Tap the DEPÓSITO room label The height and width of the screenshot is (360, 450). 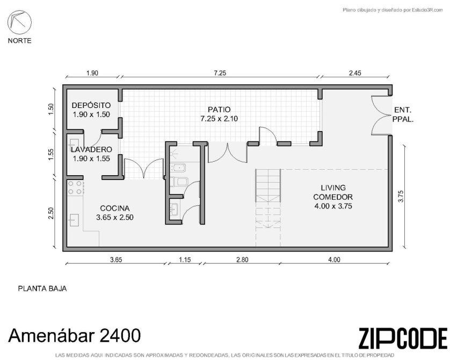click(91, 105)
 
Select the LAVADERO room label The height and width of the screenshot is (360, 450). click(91, 149)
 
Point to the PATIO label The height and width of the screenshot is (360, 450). click(219, 110)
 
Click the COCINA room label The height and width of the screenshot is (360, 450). click(115, 208)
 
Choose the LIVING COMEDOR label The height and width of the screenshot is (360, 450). click(333, 192)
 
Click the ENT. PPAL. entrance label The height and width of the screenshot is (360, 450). click(403, 114)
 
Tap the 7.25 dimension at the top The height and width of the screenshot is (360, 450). click(220, 73)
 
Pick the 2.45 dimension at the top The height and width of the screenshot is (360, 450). click(355, 73)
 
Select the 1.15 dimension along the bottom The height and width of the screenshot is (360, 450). click(185, 260)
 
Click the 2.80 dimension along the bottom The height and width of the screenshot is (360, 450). click(242, 260)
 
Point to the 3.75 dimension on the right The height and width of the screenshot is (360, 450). click(401, 196)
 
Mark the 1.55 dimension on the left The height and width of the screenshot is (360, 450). click(51, 154)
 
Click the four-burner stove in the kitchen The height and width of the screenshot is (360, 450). click(75, 188)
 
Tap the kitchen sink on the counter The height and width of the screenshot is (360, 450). click(75, 220)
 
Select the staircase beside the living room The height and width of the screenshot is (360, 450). click(268, 207)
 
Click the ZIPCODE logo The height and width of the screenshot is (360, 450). click(403, 339)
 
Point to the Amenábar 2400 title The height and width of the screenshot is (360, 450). click(75, 335)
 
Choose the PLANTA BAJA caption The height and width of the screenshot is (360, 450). click(42, 289)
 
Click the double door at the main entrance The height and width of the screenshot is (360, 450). click(381, 115)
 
